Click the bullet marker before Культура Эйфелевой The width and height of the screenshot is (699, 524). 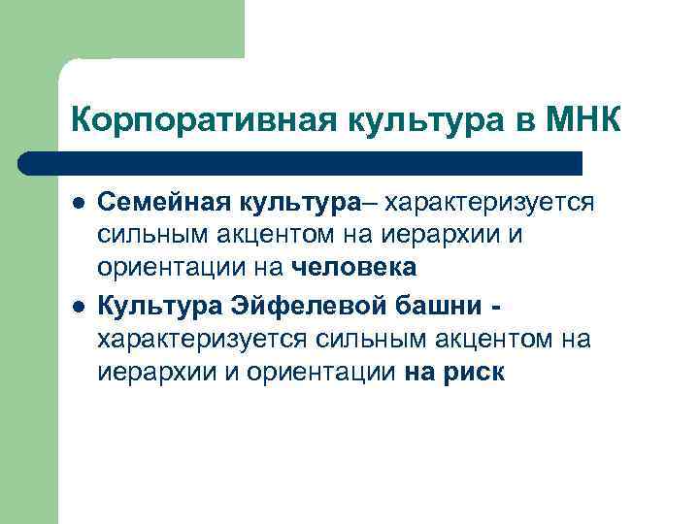click(78, 307)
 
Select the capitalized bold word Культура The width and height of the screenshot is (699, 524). click(157, 306)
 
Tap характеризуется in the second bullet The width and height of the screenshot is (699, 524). click(202, 339)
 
